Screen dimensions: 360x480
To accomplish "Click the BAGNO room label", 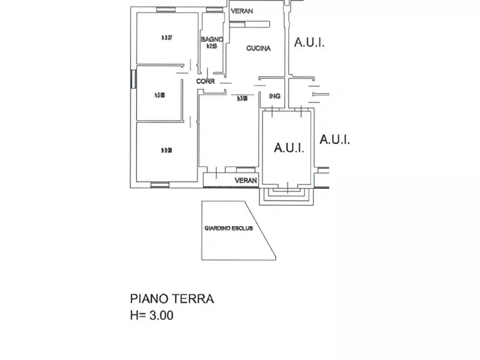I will pos(212,39).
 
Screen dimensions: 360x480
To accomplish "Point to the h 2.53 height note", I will pos(212,46).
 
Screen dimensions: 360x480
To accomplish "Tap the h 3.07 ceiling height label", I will pos(167,38).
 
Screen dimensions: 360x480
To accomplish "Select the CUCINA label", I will pos(258,49).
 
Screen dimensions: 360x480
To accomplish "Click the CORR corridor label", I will pos(205,82).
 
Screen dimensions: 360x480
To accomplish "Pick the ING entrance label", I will pos(275,97).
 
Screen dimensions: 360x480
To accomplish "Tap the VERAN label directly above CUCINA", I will pos(241,11).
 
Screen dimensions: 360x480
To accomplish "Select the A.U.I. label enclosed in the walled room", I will pos(289,148).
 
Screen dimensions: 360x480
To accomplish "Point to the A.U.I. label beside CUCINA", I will pos(309,43).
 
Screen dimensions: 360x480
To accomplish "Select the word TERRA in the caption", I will pos(192,299).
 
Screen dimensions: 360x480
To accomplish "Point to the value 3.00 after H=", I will pos(161,316).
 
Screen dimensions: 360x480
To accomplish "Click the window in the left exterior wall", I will pos(133,80).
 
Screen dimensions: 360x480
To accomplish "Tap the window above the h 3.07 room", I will pos(166,10).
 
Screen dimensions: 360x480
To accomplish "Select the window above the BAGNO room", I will pos(214,10).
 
